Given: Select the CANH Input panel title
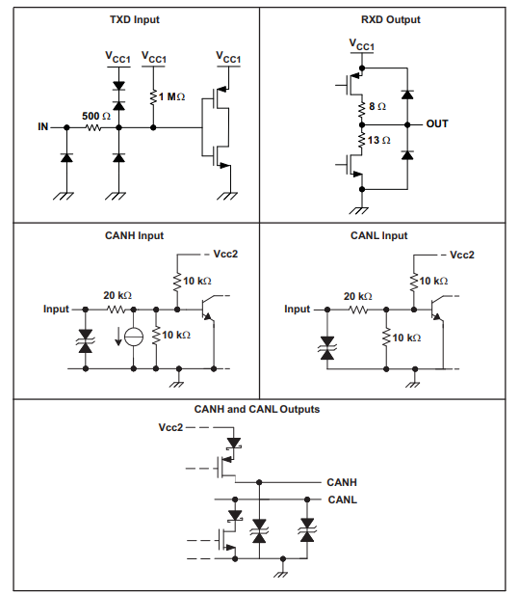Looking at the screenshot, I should tap(134, 235).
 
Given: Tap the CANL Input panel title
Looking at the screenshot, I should tap(378, 235).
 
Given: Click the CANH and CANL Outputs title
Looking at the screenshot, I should tap(257, 409).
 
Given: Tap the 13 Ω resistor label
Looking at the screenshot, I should tap(379, 141).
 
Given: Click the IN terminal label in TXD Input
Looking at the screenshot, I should tap(43, 126).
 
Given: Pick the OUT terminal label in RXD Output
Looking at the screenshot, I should tap(436, 123).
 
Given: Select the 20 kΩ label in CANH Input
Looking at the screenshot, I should tap(117, 296).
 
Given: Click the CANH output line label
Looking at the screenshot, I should tap(342, 481).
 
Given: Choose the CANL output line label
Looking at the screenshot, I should tap(342, 499).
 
